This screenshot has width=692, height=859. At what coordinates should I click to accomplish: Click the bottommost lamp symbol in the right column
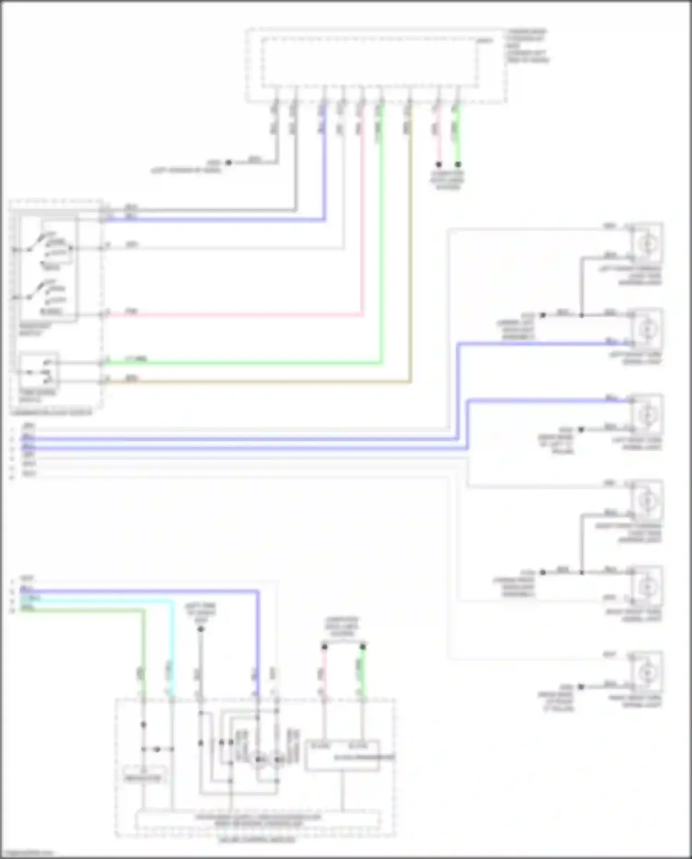648,673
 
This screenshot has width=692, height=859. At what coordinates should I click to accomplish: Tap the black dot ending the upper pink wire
439,164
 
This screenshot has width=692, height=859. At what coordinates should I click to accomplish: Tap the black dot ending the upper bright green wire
458,164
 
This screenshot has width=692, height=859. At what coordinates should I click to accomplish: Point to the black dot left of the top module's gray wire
228,162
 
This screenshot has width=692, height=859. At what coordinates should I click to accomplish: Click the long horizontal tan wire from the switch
258,382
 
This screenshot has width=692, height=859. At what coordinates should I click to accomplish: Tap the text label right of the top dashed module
528,46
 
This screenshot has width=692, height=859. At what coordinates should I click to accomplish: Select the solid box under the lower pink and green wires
342,756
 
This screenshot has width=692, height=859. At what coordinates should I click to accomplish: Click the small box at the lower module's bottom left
143,777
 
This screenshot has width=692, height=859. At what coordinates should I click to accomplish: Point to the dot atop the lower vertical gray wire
201,629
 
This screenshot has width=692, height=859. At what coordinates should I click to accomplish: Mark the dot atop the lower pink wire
324,647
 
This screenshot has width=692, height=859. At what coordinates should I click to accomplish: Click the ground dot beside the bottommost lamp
581,686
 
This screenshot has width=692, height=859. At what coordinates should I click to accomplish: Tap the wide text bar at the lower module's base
258,820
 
